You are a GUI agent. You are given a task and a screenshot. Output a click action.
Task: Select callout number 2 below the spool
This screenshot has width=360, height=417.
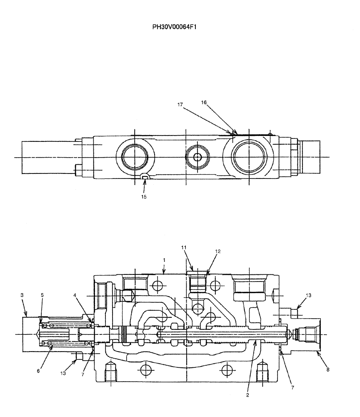click(x=247, y=395)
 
